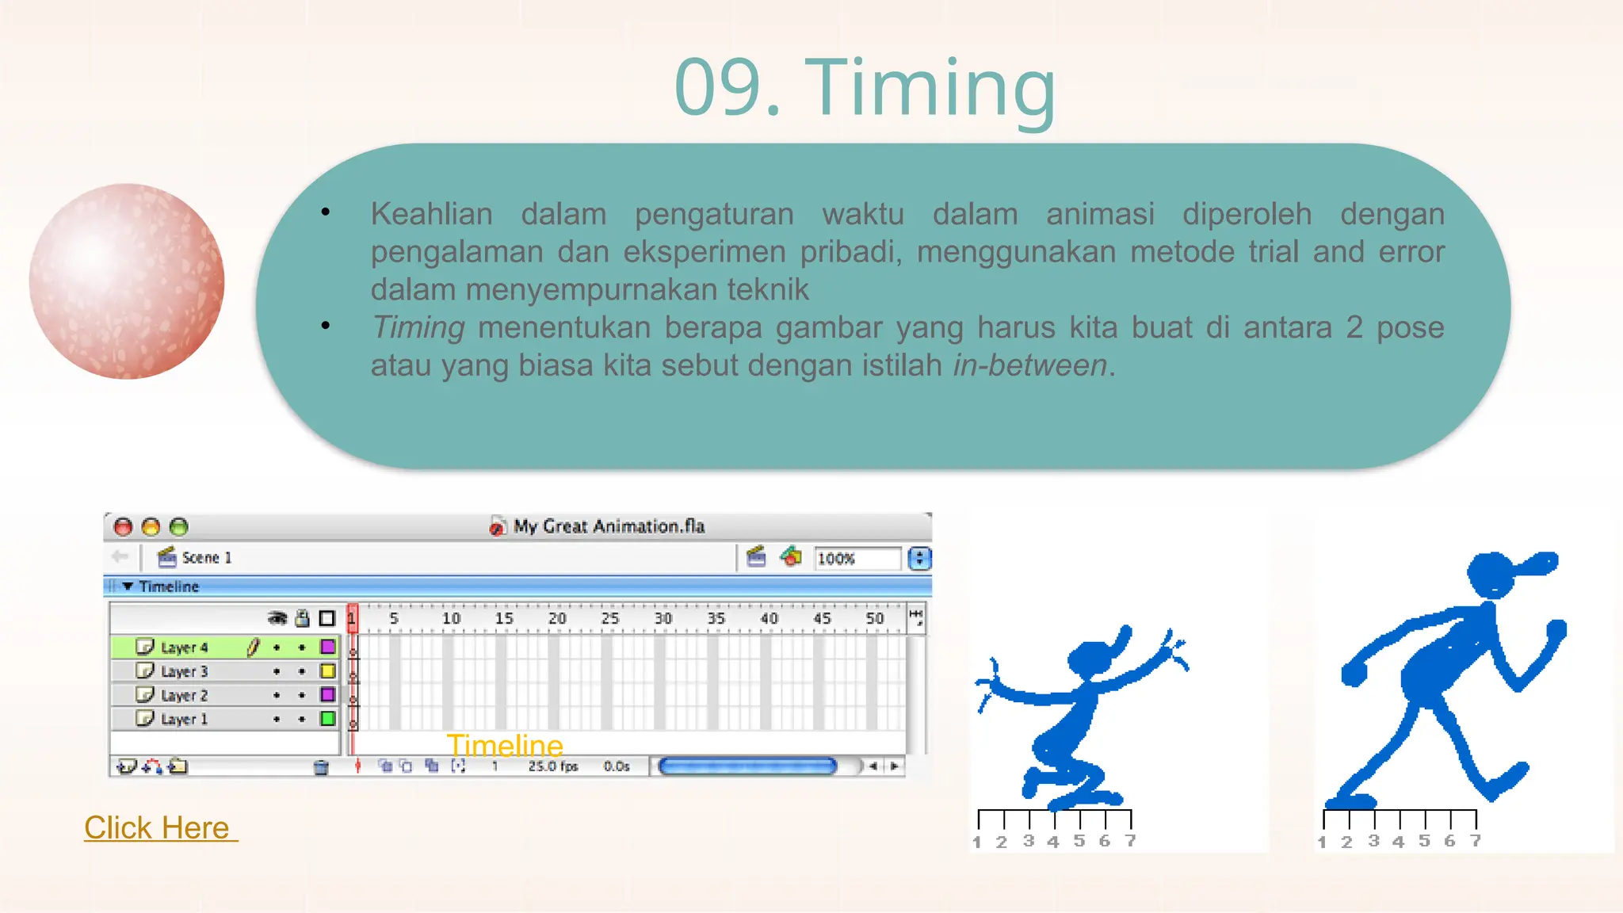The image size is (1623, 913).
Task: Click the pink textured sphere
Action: pos(127,281)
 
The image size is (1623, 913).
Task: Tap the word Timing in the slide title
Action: pos(930,89)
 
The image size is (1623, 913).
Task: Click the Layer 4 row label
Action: pos(184,648)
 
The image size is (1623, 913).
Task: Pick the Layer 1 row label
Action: pos(184,719)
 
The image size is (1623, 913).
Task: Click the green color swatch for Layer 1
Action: pos(327,719)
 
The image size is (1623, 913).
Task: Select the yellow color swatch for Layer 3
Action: pos(327,671)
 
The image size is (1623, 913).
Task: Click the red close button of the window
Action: pos(123,527)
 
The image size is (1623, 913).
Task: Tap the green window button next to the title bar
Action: pos(179,527)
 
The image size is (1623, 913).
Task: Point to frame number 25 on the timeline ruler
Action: pos(609,618)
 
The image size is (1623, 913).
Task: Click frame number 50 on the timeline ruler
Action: pos(874,618)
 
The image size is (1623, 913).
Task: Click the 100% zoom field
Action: pos(856,559)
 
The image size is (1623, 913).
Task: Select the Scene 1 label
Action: pos(206,558)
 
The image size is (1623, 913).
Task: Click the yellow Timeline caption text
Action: pos(505,746)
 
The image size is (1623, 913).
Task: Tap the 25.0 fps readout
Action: pos(552,766)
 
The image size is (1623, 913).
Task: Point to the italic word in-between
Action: pos(1029,366)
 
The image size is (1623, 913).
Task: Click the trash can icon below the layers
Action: pos(321,767)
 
